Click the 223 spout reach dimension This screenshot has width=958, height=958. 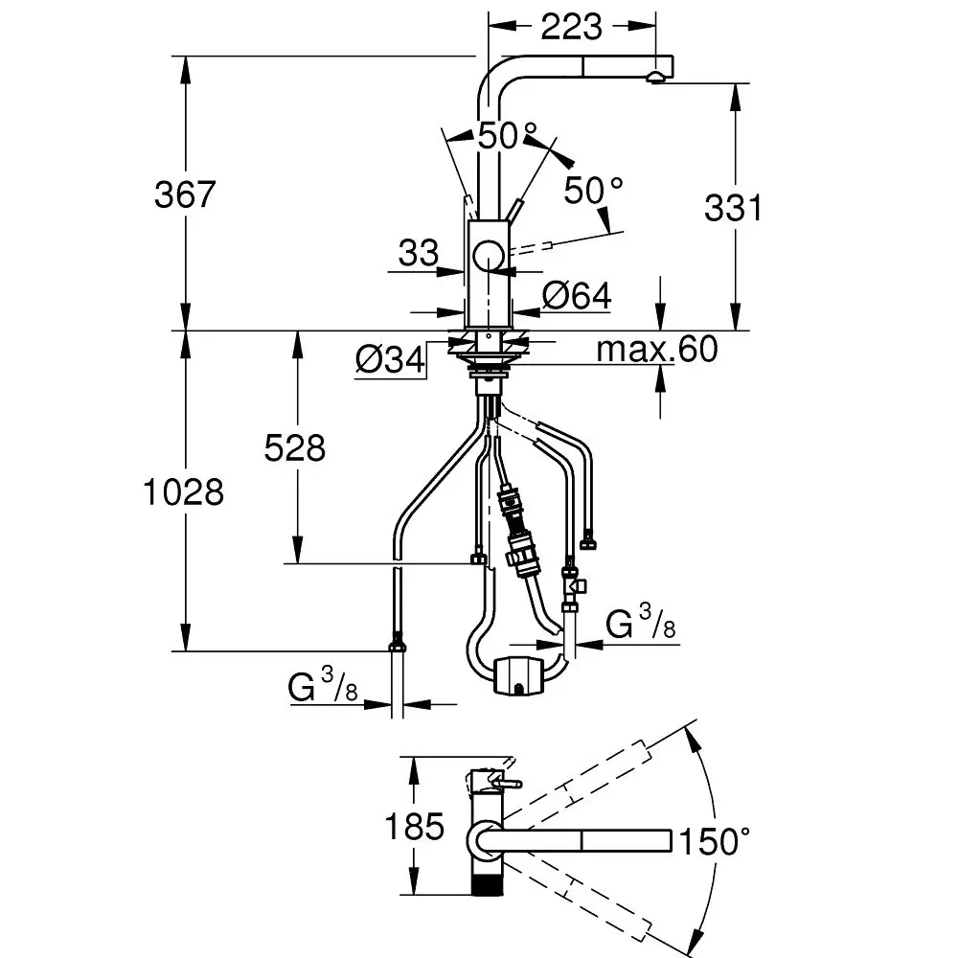click(x=571, y=27)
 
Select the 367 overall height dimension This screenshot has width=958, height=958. click(x=186, y=194)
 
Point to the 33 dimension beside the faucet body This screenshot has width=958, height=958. click(x=418, y=254)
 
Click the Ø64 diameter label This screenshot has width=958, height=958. click(x=576, y=296)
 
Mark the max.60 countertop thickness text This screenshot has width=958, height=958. click(x=656, y=350)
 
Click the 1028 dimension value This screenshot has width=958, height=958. click(x=182, y=491)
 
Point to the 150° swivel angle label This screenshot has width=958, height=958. click(x=714, y=842)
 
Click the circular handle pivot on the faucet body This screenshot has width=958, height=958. click(x=489, y=257)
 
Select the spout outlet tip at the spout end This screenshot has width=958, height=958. click(x=656, y=77)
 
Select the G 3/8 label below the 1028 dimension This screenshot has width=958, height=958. click(x=322, y=686)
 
